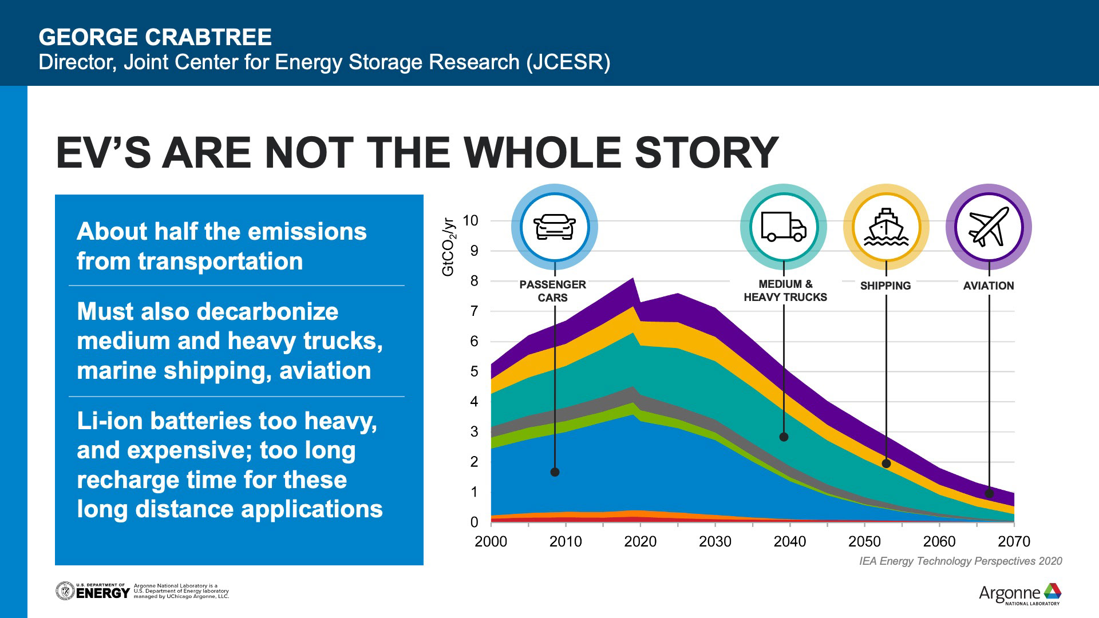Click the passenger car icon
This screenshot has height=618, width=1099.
click(x=554, y=227)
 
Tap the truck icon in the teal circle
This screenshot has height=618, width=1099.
click(x=783, y=227)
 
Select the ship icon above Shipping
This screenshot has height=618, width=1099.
click(x=886, y=227)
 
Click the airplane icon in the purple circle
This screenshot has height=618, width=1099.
click(x=989, y=227)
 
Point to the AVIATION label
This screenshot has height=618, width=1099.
click(x=988, y=286)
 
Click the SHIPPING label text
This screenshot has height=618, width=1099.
click(x=885, y=286)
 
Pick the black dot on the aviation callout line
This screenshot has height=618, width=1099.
click(x=989, y=493)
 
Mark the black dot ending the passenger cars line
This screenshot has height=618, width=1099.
click(x=555, y=472)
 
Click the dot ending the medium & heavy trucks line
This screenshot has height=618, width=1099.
click(x=784, y=437)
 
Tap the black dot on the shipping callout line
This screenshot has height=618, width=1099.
click(x=886, y=463)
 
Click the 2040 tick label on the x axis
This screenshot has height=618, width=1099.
click(x=789, y=541)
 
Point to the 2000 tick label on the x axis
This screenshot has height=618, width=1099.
click(x=491, y=541)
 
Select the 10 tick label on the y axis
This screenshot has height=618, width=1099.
click(x=470, y=220)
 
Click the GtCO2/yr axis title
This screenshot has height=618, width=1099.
click(x=448, y=247)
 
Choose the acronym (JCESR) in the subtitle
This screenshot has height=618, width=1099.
click(x=568, y=62)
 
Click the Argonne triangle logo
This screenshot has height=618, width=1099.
click(x=1052, y=591)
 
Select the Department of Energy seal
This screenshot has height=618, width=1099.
click(x=65, y=591)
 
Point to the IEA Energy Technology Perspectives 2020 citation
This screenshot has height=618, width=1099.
click(x=960, y=561)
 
